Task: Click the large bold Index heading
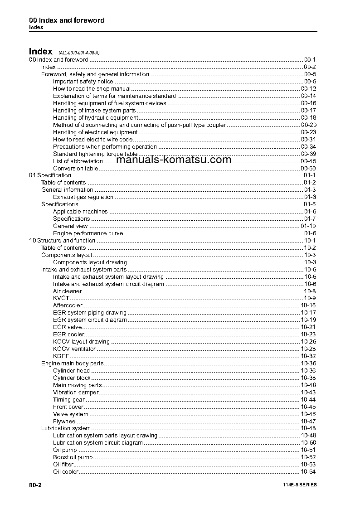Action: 41,51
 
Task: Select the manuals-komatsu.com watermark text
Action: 174,160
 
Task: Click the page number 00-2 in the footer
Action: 35,485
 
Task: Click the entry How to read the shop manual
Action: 92,89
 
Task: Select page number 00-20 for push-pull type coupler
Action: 308,125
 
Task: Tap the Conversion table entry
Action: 75,169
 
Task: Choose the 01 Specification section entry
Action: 50,175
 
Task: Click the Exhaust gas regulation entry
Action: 83,197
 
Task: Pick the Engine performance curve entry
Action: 88,233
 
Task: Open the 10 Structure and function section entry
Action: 62,241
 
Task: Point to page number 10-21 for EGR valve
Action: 308,327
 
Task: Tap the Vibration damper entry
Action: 75,393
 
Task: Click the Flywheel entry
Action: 65,422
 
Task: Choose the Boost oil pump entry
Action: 73,457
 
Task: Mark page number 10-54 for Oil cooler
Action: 308,472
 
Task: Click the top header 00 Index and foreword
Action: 67,20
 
